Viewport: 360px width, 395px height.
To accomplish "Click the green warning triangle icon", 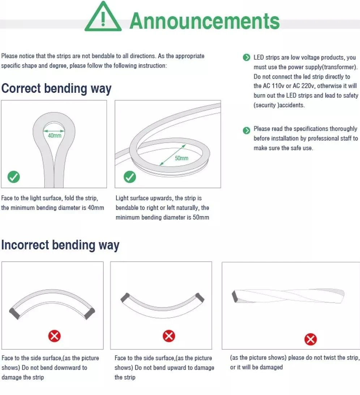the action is coord(103,17).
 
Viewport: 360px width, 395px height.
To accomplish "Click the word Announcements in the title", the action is coord(205,21).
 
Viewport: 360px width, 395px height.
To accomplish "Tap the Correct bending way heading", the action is coord(56,89).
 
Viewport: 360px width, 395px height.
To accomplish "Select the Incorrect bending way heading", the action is coord(60,245).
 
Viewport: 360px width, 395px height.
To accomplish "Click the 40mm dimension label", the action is coord(55,136).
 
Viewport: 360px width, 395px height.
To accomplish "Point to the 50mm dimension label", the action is coord(182,158).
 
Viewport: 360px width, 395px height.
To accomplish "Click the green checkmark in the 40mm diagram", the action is coord(14,177).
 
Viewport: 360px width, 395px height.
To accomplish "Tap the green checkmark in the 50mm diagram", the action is coord(130,177).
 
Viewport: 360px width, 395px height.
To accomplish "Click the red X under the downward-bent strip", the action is coord(55,336).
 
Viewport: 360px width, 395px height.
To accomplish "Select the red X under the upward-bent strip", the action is coord(169,336).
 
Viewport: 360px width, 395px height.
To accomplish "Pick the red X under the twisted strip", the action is coord(310,339).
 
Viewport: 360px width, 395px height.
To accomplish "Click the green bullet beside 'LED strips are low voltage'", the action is coord(247,57).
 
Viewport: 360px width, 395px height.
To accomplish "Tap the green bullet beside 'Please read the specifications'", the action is coord(247,130).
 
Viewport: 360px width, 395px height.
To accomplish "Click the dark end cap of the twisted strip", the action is coord(235,296).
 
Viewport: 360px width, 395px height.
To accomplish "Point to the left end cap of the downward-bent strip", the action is coord(14,313).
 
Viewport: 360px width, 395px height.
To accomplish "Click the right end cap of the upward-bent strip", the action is coord(200,298).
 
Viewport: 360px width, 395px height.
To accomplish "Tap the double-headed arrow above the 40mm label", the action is coord(54,131).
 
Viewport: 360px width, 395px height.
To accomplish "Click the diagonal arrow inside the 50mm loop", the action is coord(173,155).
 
